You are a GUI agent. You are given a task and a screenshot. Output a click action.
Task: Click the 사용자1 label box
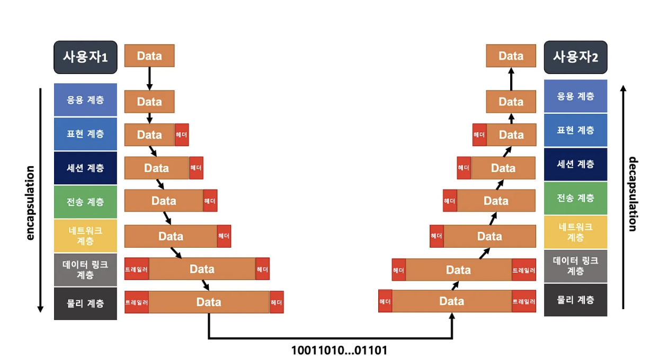click(85, 57)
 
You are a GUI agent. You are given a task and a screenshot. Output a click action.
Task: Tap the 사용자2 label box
click(575, 57)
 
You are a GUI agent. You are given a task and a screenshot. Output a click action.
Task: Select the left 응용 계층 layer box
click(85, 100)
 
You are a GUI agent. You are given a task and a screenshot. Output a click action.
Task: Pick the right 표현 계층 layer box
click(575, 130)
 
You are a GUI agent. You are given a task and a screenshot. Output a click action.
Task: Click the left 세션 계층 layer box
click(85, 168)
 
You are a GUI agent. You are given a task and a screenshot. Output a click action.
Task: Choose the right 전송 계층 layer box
click(575, 198)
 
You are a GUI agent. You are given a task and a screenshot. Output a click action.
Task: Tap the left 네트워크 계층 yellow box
click(85, 236)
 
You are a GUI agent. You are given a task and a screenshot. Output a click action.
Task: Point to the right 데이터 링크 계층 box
click(575, 266)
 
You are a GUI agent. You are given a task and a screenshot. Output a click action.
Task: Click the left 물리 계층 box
click(85, 303)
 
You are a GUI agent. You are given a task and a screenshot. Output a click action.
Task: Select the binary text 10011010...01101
click(339, 350)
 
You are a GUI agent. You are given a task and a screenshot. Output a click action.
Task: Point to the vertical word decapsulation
click(632, 194)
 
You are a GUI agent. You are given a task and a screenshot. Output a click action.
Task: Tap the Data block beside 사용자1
click(149, 56)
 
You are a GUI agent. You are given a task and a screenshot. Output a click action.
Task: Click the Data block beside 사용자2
click(511, 56)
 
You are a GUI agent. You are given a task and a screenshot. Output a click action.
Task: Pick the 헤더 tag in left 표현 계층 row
click(182, 135)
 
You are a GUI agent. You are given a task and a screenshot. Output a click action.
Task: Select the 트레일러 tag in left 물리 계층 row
click(136, 302)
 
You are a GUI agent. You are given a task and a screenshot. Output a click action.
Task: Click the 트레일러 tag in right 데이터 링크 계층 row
click(524, 270)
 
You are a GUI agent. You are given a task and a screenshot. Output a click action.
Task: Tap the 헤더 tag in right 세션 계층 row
click(464, 168)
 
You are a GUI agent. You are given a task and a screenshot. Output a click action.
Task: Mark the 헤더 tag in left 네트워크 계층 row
click(224, 236)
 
